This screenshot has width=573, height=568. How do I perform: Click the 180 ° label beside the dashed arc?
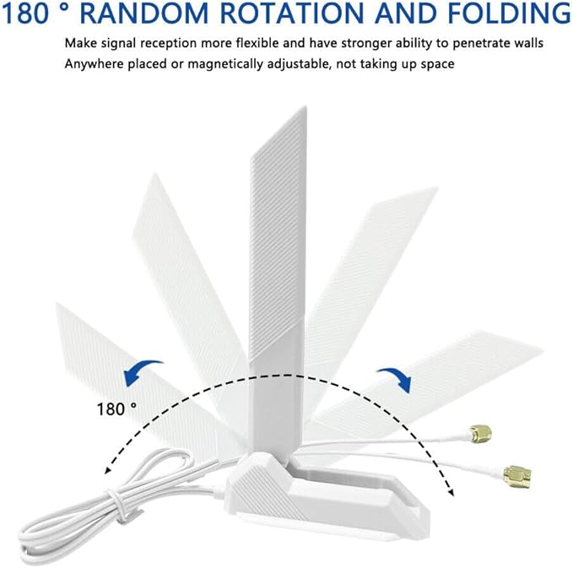116,408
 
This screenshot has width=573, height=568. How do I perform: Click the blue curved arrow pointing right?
396,378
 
